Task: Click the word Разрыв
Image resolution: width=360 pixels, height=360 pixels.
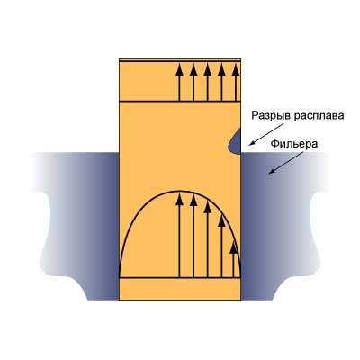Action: pyautogui.click(x=272, y=116)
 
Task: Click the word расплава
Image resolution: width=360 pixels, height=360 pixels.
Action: pyautogui.click(x=319, y=116)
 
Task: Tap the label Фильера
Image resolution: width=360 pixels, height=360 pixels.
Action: pyautogui.click(x=294, y=144)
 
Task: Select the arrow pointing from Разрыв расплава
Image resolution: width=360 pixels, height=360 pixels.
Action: pyautogui.click(x=266, y=135)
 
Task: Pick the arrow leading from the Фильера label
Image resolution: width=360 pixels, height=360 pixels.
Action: pyautogui.click(x=286, y=163)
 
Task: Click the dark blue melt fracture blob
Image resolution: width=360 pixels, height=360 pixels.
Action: pyautogui.click(x=235, y=141)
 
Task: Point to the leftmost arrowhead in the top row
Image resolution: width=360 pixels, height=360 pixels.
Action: pyautogui.click(x=179, y=69)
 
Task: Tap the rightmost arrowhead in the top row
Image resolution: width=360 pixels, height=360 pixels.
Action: pyautogui.click(x=236, y=69)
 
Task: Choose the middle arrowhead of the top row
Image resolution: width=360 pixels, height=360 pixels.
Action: pyautogui.click(x=208, y=69)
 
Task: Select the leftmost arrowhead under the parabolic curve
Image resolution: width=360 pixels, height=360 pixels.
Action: pyautogui.click(x=179, y=200)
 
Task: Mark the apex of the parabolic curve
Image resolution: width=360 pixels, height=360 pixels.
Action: pyautogui.click(x=180, y=191)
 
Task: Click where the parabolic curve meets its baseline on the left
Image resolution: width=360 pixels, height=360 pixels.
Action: pyautogui.click(x=120, y=277)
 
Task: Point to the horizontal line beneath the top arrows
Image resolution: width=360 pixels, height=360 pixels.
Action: pyautogui.click(x=180, y=102)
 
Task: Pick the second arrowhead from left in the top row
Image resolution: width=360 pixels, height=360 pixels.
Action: pyautogui.click(x=193, y=69)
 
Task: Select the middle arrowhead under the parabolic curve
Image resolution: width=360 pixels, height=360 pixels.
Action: pyautogui.click(x=208, y=207)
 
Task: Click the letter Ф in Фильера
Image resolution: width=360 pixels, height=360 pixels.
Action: pyautogui.click(x=274, y=144)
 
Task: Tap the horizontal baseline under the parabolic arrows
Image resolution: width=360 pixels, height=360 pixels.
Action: pyautogui.click(x=180, y=278)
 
